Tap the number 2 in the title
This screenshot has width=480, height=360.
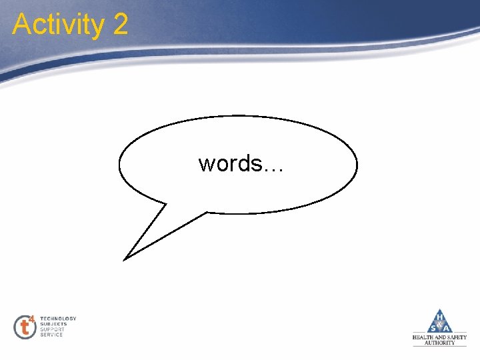120,25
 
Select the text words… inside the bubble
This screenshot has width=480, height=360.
241,163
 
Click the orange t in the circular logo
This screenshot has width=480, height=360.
25,327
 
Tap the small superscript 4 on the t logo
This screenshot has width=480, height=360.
32,319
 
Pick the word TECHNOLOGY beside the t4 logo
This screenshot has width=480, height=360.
58,319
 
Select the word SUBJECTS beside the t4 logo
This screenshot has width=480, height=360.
53,324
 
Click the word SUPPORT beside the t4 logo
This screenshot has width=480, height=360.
52,329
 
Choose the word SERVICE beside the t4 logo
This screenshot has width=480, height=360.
51,335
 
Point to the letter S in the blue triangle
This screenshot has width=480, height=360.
432,327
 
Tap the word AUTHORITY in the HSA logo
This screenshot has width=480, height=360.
440,343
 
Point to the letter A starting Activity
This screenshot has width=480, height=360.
21,25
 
